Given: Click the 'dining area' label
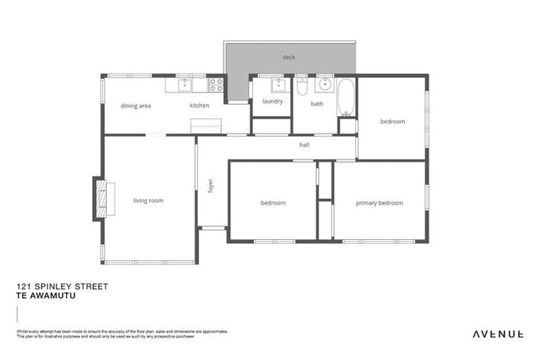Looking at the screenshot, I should [136, 105].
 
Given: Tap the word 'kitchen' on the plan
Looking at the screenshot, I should [199, 105].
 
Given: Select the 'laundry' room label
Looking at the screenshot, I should [272, 101].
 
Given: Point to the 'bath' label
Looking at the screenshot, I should [317, 104].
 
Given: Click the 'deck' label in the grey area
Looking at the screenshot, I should [289, 57].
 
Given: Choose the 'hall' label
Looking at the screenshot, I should [304, 145].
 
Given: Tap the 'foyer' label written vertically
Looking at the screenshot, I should [210, 185].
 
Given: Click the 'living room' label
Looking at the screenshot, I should [148, 200].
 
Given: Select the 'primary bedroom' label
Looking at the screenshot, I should [379, 203].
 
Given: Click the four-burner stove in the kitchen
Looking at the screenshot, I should [217, 85].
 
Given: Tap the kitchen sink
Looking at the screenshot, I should [184, 85].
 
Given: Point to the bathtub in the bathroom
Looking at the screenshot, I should [346, 98].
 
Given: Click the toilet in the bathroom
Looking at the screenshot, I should [302, 86].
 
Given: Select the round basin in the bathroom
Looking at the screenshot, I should [325, 85].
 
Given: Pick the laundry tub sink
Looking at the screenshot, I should [277, 85].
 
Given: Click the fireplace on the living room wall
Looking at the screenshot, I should [101, 198].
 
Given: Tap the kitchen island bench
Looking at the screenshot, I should [207, 126].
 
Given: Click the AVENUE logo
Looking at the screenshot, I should [497, 333].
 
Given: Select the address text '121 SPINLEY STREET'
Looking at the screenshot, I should [62, 287].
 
